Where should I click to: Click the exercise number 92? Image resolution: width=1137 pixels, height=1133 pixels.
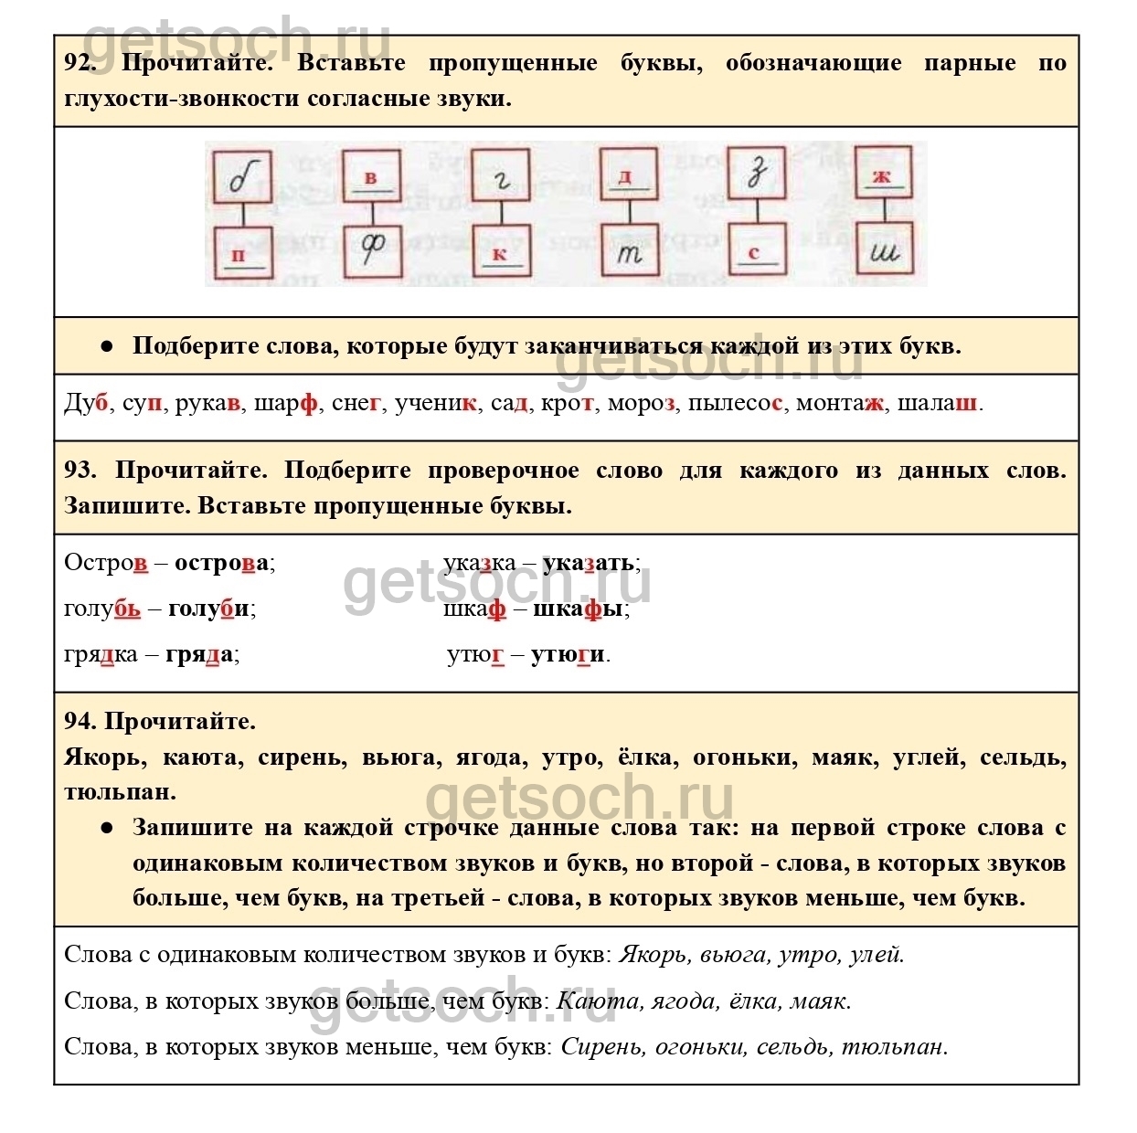80,63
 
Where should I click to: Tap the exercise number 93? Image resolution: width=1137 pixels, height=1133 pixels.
80,471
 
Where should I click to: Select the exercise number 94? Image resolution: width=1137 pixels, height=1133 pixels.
80,722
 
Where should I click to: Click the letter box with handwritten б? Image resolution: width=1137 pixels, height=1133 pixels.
242,176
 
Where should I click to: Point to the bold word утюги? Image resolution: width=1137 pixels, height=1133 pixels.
568,654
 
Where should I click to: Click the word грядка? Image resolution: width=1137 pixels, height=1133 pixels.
101,654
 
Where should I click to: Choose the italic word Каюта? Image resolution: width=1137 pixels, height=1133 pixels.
598,1001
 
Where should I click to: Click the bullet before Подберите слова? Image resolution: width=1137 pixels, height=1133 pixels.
107,346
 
